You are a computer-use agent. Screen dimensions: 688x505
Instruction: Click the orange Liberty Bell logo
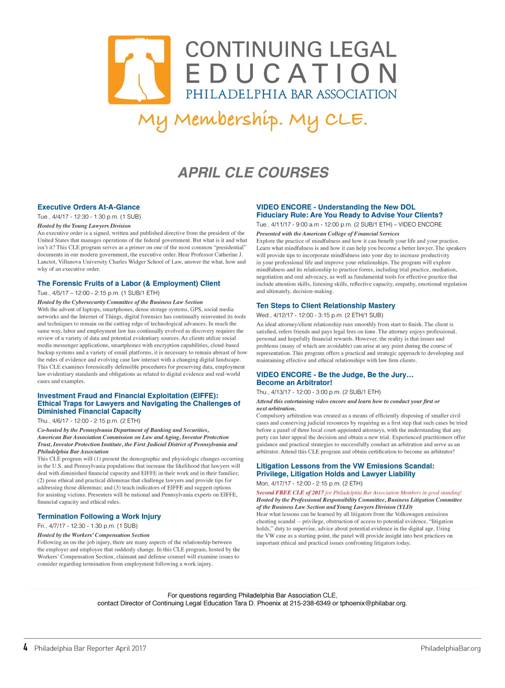[x=139, y=70]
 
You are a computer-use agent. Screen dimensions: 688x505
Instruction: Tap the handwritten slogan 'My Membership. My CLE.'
[x=252, y=120]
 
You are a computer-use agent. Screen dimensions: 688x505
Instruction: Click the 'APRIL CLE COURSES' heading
[x=253, y=173]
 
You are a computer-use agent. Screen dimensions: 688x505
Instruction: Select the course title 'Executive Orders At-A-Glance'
[x=89, y=207]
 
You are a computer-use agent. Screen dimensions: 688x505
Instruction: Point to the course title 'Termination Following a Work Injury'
[x=99, y=517]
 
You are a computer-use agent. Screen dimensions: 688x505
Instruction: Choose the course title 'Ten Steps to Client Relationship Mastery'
[x=325, y=306]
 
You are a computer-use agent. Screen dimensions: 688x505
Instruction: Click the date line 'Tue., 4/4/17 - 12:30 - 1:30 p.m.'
[x=89, y=217]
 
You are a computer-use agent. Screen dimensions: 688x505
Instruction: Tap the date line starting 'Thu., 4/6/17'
[x=89, y=421]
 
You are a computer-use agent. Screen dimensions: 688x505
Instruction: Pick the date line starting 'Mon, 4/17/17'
[x=309, y=484]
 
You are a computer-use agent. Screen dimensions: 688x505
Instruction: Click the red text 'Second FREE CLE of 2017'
[x=290, y=492]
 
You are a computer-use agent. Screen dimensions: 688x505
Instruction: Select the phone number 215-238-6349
[x=310, y=603]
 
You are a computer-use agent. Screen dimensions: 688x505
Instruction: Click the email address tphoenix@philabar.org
[x=373, y=603]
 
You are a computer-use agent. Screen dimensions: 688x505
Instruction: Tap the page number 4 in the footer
[x=26, y=648]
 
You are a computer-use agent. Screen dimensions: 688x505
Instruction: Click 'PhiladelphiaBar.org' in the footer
[x=450, y=648]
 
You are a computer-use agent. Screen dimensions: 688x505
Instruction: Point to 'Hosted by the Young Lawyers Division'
[x=84, y=226]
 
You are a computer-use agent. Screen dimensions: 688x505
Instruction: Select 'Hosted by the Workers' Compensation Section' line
[x=93, y=535]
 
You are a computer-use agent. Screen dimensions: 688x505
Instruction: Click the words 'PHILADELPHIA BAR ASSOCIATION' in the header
[x=291, y=94]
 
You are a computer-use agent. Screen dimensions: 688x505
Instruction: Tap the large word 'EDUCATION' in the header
[x=291, y=73]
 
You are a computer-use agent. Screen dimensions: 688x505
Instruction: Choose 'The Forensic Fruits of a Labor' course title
[x=129, y=284]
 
